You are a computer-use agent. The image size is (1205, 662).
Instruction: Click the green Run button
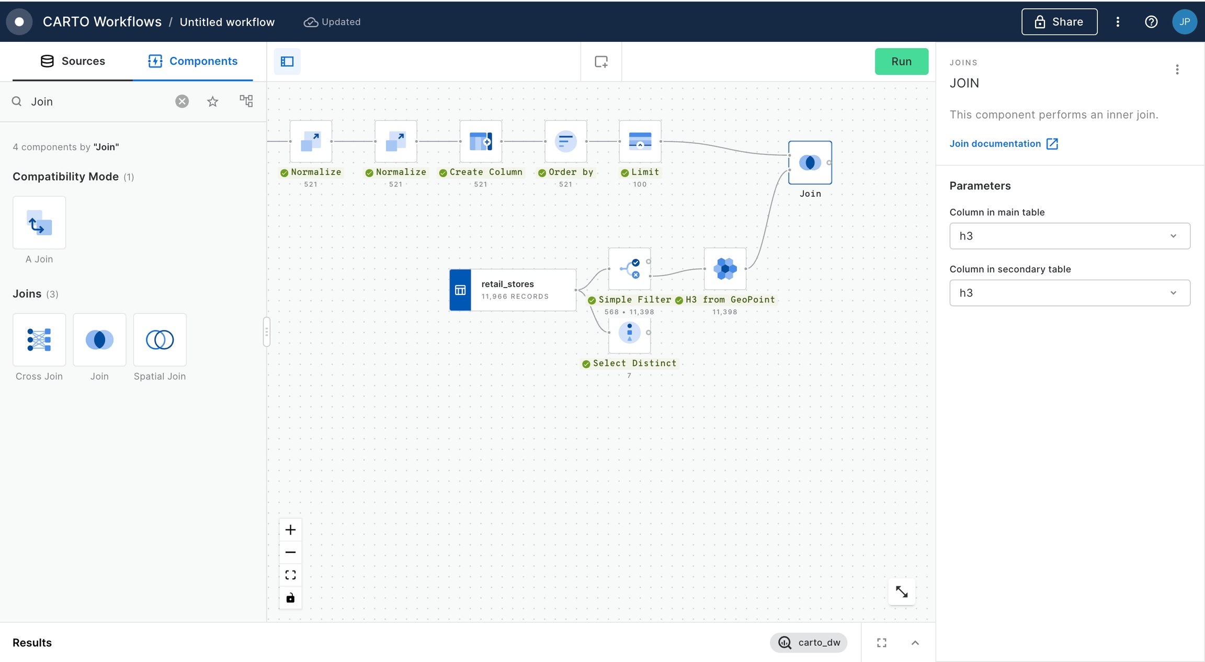901,61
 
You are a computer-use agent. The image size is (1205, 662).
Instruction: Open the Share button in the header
1059,21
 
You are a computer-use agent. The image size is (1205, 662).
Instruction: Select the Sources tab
73,61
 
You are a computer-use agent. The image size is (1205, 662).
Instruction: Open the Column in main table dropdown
1070,236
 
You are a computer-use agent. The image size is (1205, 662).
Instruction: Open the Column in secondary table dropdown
1070,293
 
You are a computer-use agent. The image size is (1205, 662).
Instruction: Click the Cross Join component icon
39,340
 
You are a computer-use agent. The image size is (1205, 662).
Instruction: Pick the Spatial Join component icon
160,340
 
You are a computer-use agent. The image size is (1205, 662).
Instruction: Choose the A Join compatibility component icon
39,223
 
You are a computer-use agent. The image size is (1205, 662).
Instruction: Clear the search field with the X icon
182,101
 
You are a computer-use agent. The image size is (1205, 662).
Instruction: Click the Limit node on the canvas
640,141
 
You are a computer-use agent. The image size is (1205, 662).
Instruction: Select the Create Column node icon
481,141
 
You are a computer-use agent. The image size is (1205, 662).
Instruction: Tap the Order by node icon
565,141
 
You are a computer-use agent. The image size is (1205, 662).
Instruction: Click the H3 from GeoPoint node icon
725,269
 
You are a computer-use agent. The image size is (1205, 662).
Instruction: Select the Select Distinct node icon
629,333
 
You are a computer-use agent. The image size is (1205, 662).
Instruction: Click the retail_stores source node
513,290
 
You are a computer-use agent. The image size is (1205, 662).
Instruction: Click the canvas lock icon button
290,598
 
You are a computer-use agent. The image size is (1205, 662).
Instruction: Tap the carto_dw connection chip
809,643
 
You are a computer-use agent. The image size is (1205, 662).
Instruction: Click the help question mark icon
1151,21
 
